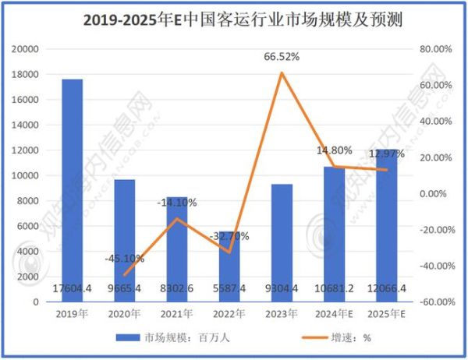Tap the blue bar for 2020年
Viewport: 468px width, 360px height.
[126, 234]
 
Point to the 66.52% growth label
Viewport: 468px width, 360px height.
[282, 57]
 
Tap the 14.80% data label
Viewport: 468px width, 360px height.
[333, 150]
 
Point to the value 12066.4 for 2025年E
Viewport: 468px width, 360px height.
[387, 288]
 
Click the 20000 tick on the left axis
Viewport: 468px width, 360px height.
[26, 49]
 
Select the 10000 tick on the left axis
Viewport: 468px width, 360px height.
[26, 175]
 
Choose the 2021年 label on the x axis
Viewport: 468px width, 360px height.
[177, 314]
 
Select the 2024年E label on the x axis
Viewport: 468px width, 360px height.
[335, 314]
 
